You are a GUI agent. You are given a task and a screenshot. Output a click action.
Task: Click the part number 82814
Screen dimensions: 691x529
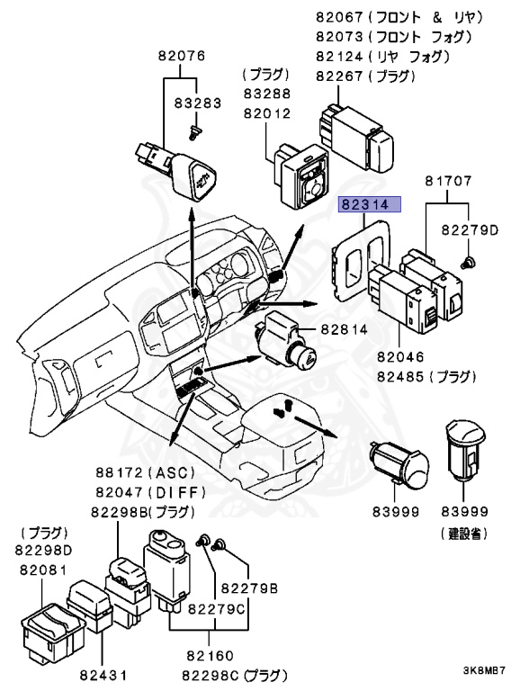coord(344,329)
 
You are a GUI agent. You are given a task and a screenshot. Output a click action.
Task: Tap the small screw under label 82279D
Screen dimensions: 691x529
coord(468,262)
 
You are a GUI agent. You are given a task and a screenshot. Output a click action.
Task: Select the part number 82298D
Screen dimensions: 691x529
coord(43,550)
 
